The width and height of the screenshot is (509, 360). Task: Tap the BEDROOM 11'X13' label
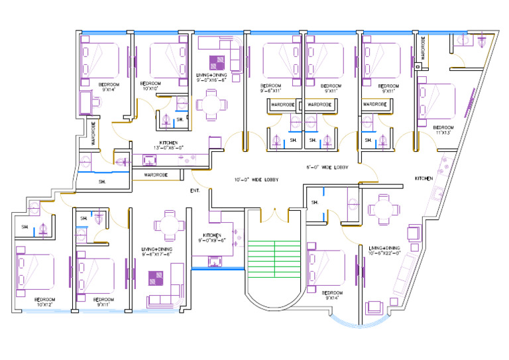click(443, 129)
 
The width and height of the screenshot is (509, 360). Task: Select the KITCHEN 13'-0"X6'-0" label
click(168, 145)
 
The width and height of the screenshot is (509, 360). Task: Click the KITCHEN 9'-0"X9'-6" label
click(215, 237)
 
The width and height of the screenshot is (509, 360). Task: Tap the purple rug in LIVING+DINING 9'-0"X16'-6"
click(217, 63)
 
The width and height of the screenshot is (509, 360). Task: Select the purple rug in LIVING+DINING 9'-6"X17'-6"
click(156, 278)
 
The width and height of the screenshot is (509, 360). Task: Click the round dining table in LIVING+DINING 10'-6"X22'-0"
click(384, 208)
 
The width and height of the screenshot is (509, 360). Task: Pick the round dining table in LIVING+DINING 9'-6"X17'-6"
click(170, 225)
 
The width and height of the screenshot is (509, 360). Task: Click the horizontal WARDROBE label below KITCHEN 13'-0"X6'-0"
click(156, 175)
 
